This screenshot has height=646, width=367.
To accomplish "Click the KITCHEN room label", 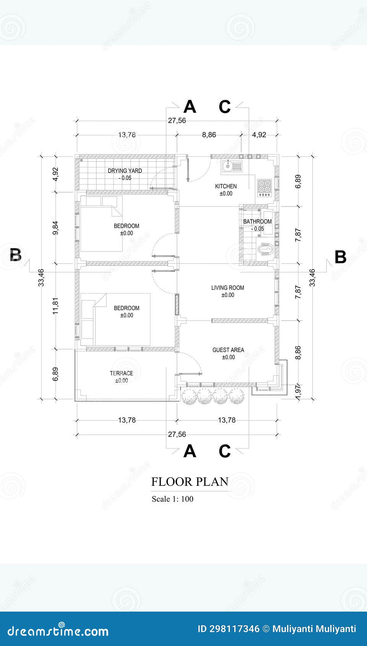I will point(226,187).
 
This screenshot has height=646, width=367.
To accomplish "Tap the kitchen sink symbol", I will point(231,166).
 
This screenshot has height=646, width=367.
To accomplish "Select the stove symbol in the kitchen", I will point(264,188).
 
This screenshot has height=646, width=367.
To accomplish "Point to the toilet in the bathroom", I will point(265,250).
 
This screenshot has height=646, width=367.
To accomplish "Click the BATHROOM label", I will point(257,222).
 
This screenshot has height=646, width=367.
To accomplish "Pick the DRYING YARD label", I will point(125,171).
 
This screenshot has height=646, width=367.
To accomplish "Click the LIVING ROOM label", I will point(227,288).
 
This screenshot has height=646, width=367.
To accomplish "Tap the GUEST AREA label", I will point(228,350).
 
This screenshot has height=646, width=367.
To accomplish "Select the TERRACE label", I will point(122,373).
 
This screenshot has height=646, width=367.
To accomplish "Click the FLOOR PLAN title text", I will point(190,482).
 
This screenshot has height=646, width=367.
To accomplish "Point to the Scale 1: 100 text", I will point(172,499).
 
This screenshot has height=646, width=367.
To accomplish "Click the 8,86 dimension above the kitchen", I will point(209,135).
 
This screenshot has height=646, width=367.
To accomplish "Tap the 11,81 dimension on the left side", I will point(56,306).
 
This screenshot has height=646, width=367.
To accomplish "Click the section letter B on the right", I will point(340,257).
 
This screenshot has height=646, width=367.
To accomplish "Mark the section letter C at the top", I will point(224,107).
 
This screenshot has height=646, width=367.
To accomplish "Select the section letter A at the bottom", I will point(190,451).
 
